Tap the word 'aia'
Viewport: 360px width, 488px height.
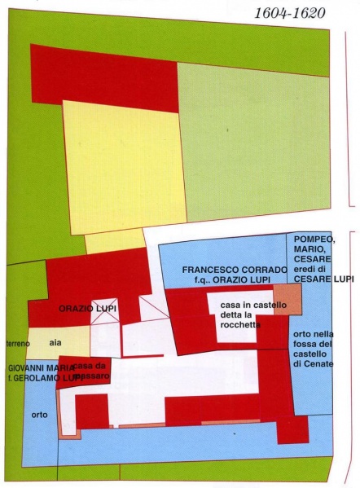point(55,344)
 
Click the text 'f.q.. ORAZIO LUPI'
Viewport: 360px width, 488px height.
point(234,279)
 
